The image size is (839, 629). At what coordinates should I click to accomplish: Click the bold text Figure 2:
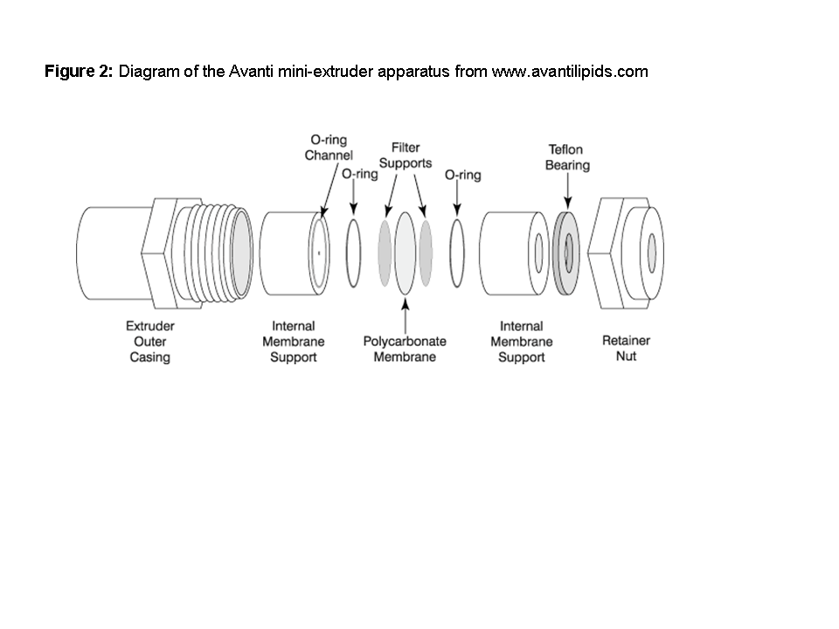79,72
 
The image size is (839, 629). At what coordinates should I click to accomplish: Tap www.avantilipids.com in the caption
570,72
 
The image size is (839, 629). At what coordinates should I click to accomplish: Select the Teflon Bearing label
567,157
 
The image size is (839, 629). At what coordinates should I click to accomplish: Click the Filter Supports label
406,156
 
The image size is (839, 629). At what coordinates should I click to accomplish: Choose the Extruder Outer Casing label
149,342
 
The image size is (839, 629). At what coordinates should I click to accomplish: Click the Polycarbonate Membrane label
405,349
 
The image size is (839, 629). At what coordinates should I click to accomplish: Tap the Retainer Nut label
626,348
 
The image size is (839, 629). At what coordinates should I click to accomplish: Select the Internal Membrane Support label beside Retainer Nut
521,342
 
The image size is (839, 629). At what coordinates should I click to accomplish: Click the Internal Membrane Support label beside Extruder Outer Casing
294,342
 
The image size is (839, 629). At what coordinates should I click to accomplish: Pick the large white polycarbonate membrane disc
405,252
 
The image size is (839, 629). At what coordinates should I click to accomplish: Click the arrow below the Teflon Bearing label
567,189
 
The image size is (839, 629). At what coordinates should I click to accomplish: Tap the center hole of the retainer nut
651,251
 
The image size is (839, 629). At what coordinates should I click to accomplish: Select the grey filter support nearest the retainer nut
426,252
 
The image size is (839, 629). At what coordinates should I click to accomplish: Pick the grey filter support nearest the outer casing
385,252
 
